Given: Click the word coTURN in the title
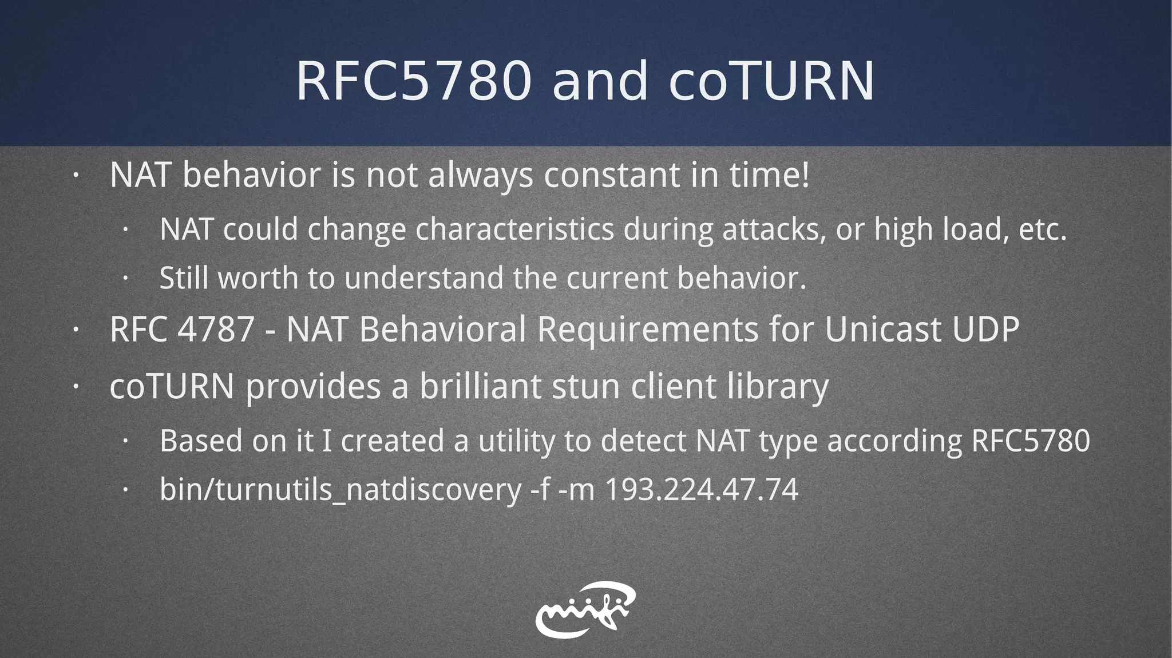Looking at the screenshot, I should tap(771, 81).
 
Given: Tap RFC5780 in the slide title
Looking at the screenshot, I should tap(413, 81).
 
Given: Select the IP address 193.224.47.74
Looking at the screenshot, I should tap(701, 490).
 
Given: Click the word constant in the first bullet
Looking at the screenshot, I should tap(612, 175).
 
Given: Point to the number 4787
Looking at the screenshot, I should tap(216, 330).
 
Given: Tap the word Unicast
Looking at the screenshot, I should tap(882, 330).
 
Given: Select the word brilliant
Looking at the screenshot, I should tap(480, 386).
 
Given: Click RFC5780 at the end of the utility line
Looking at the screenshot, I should tap(1031, 441).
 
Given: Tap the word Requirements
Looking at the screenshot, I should tap(647, 330).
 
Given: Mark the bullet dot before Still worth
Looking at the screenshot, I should tap(125, 279).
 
